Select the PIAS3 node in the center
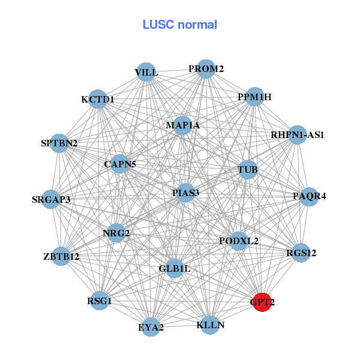click(x=185, y=193)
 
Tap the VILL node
click(x=146, y=73)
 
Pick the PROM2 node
click(x=206, y=69)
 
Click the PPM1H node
click(x=254, y=97)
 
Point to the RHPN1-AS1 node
click(x=297, y=135)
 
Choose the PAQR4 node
click(x=309, y=196)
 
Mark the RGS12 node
click(x=301, y=253)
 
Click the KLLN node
click(x=210, y=325)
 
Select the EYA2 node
click(x=151, y=327)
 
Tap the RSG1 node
click(x=100, y=300)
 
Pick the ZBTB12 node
click(x=61, y=257)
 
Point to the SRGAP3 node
click(x=51, y=199)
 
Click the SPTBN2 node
click(x=59, y=143)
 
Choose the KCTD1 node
click(x=98, y=99)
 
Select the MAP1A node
click(x=182, y=125)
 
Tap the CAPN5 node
click(x=120, y=164)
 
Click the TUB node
click(x=247, y=170)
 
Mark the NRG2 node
click(x=116, y=232)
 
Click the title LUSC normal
click(x=179, y=25)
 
